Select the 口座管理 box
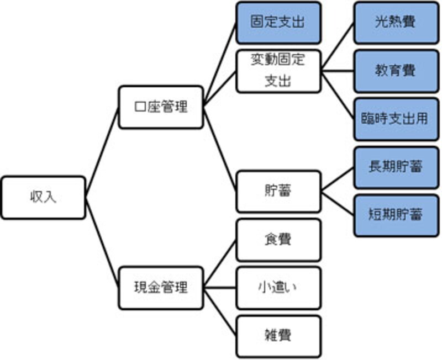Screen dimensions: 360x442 [x=161, y=107]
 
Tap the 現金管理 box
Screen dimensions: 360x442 [x=161, y=287]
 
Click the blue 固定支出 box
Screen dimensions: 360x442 [x=278, y=23]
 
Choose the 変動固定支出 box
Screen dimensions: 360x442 [x=278, y=71]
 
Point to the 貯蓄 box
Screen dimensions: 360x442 [x=278, y=191]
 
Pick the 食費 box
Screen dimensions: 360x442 [x=278, y=240]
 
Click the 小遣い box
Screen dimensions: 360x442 [x=278, y=288]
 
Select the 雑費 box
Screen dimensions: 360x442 [x=278, y=336]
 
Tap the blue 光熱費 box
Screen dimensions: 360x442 [x=392, y=23]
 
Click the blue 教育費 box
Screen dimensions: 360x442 [x=392, y=71]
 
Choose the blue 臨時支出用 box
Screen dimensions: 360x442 [x=392, y=119]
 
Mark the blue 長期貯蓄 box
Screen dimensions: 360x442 [x=392, y=167]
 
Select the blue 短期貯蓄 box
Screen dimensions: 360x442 [x=392, y=214]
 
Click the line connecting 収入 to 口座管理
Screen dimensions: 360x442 [x=102, y=152]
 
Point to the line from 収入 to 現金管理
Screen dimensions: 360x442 [x=102, y=243]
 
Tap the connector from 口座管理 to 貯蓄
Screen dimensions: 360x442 [x=220, y=149]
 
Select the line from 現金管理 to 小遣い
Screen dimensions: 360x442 [x=220, y=288]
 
